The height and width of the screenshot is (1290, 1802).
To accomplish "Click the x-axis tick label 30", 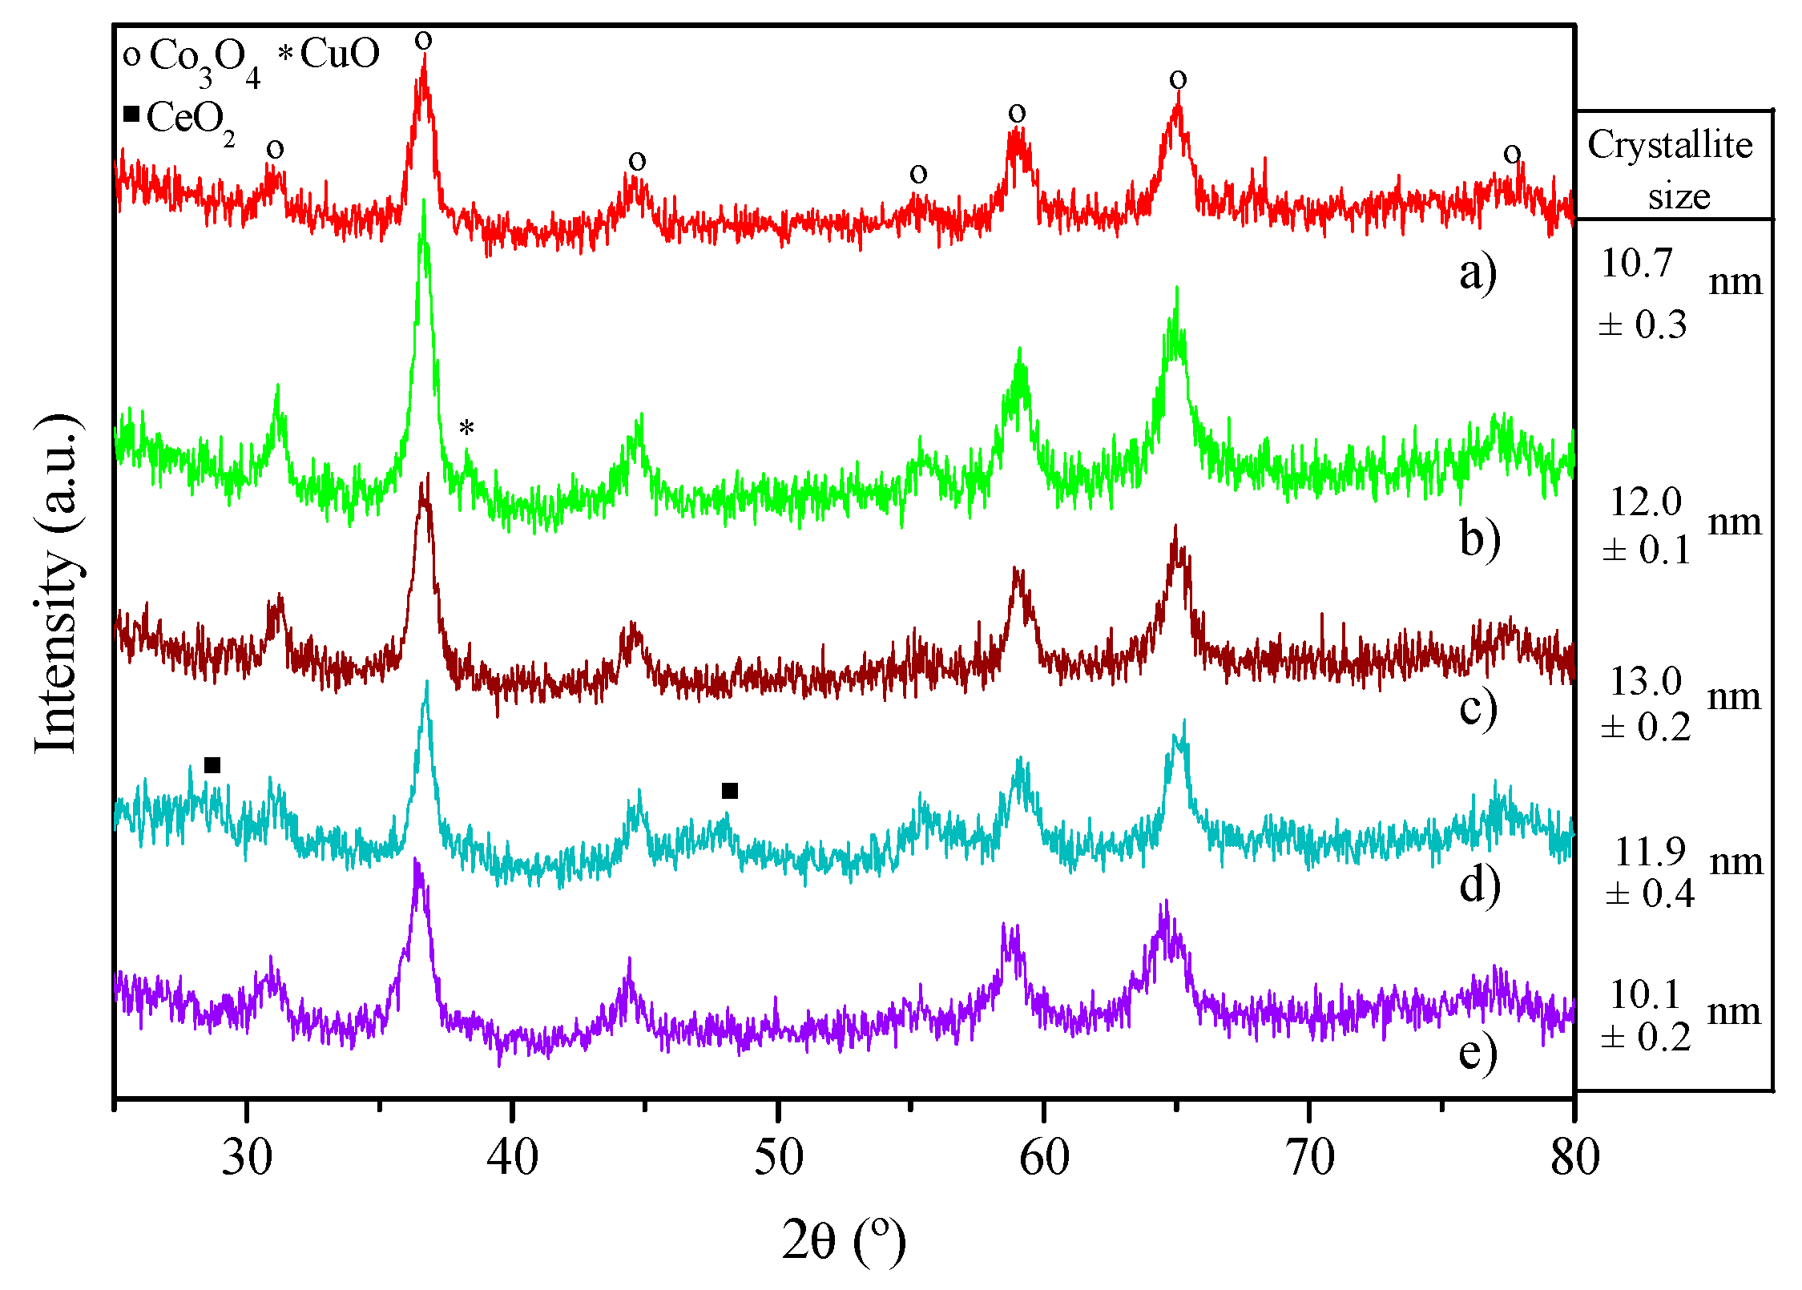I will point(247,1158).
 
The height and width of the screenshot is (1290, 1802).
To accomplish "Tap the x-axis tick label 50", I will point(778,1158).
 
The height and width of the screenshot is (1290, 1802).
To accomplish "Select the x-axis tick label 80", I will point(1574,1158).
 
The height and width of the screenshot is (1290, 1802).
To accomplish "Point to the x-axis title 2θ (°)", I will point(844,1241).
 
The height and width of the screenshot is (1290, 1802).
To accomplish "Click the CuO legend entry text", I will point(340,54).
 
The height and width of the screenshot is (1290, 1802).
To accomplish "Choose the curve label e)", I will point(1477,1052).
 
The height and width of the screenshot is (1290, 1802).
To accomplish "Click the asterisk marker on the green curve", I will point(466,428).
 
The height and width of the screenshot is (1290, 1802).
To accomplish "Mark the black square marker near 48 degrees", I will point(729,791).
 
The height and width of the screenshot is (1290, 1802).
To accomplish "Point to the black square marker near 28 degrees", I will point(212,765).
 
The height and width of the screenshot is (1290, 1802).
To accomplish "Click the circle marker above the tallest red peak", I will point(423,41).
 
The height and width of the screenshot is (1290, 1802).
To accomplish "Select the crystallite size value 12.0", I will point(1646,503).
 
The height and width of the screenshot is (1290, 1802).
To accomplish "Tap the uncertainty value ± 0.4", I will point(1650,894).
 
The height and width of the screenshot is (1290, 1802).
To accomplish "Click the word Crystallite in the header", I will point(1670,146).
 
